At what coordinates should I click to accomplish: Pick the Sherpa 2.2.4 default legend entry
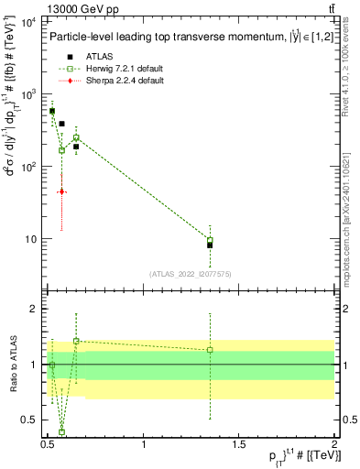point(115,81)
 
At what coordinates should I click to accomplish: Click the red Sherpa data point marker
point(61,191)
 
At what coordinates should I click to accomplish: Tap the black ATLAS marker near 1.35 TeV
point(210,245)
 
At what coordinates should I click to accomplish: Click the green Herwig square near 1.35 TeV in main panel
point(210,240)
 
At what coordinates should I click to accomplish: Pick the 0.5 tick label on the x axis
point(48,444)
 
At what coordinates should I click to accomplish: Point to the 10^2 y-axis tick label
point(27,167)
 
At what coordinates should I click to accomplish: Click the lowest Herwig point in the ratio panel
point(61,431)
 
